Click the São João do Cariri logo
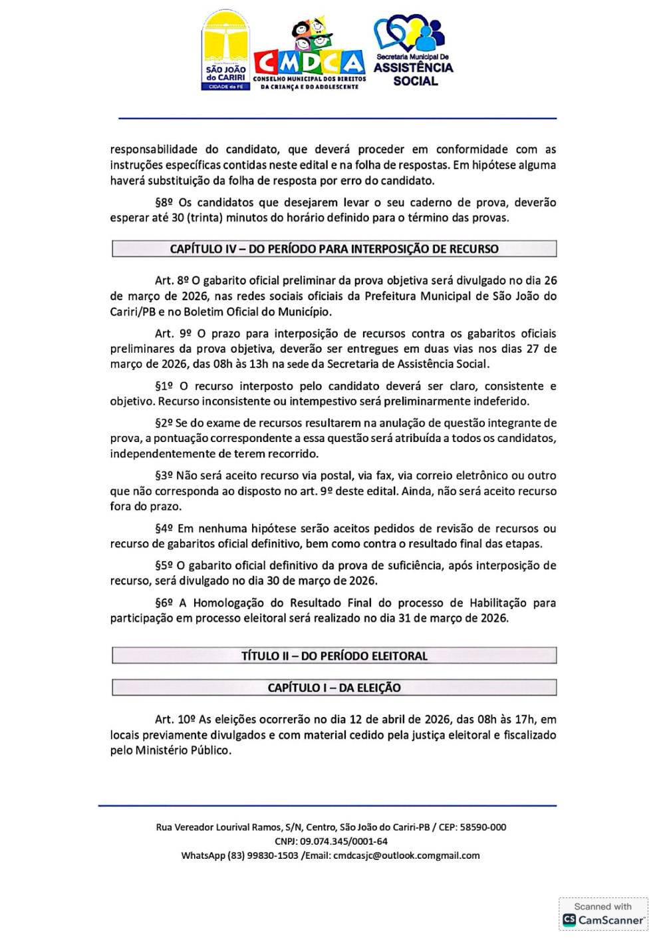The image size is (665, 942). click(x=225, y=51)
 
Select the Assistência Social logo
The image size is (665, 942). click(x=413, y=52)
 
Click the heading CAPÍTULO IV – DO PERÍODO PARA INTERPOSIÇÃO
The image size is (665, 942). click(x=334, y=249)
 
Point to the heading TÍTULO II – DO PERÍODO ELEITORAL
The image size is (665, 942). click(x=334, y=656)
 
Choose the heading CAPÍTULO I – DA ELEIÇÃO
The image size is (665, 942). click(x=334, y=688)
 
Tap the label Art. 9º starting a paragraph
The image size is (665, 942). click(x=173, y=334)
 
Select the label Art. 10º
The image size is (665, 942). click(x=175, y=720)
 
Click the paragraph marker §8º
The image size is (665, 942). click(x=164, y=202)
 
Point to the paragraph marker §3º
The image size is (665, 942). click(x=164, y=475)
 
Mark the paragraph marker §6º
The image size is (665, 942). click(x=164, y=603)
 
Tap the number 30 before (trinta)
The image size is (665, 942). click(x=178, y=218)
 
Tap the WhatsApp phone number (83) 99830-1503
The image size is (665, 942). click(x=263, y=855)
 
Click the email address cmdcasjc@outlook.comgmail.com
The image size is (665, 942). click(x=406, y=855)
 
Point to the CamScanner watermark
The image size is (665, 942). click(x=603, y=914)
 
